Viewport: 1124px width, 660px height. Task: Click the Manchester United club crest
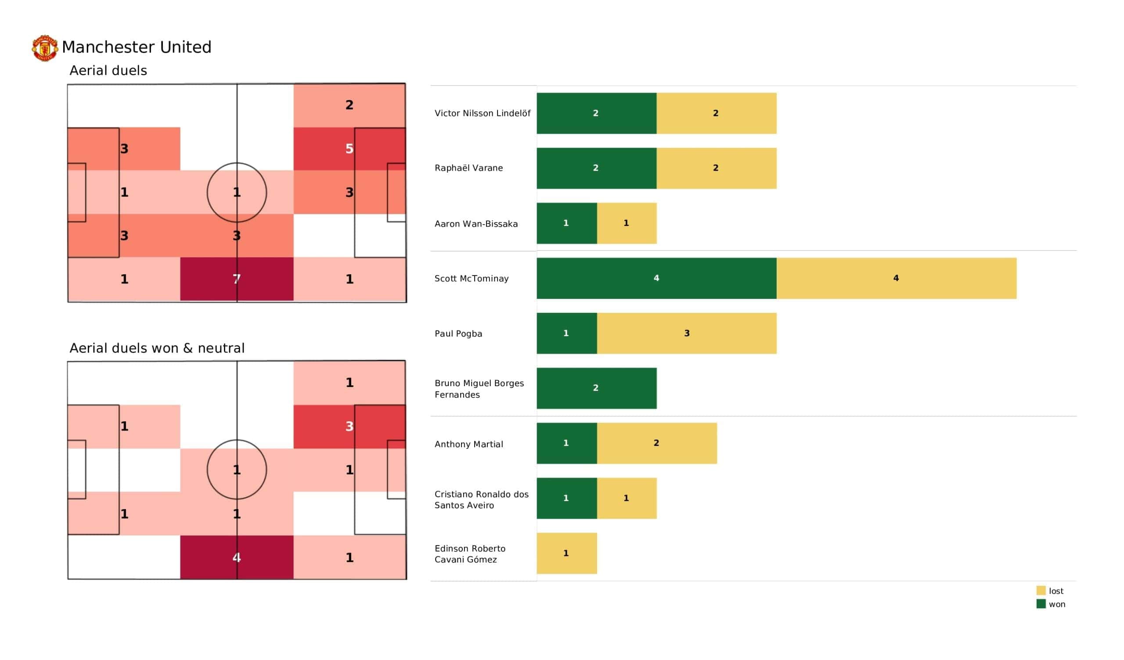coord(45,48)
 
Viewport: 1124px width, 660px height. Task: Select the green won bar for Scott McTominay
coord(656,278)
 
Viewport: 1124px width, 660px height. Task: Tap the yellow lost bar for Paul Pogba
coord(686,333)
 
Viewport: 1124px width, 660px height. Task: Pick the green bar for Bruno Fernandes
coord(596,388)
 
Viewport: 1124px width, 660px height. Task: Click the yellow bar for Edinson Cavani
coord(566,553)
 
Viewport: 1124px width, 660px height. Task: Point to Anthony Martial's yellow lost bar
coord(656,443)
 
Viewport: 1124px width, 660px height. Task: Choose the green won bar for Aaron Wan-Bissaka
coord(566,223)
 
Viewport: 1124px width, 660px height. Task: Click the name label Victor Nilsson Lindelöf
coord(482,113)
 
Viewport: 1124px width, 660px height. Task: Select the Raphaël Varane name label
coord(468,168)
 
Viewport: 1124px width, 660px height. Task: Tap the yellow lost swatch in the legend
coord(1041,590)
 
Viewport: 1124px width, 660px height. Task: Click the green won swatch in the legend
coord(1041,604)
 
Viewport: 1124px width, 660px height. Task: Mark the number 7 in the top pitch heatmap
coord(236,279)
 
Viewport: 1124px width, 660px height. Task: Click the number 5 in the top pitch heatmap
coord(349,148)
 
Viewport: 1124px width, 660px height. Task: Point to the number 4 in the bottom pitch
coord(236,557)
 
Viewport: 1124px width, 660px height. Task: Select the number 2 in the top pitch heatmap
coord(349,105)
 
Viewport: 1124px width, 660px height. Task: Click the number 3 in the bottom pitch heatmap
coord(349,427)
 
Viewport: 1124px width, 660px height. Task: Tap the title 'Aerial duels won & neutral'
coord(157,348)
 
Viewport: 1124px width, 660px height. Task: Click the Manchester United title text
coord(137,47)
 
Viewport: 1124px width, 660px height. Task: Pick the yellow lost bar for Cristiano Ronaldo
coord(626,498)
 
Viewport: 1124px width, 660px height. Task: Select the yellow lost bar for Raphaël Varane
coord(716,168)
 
